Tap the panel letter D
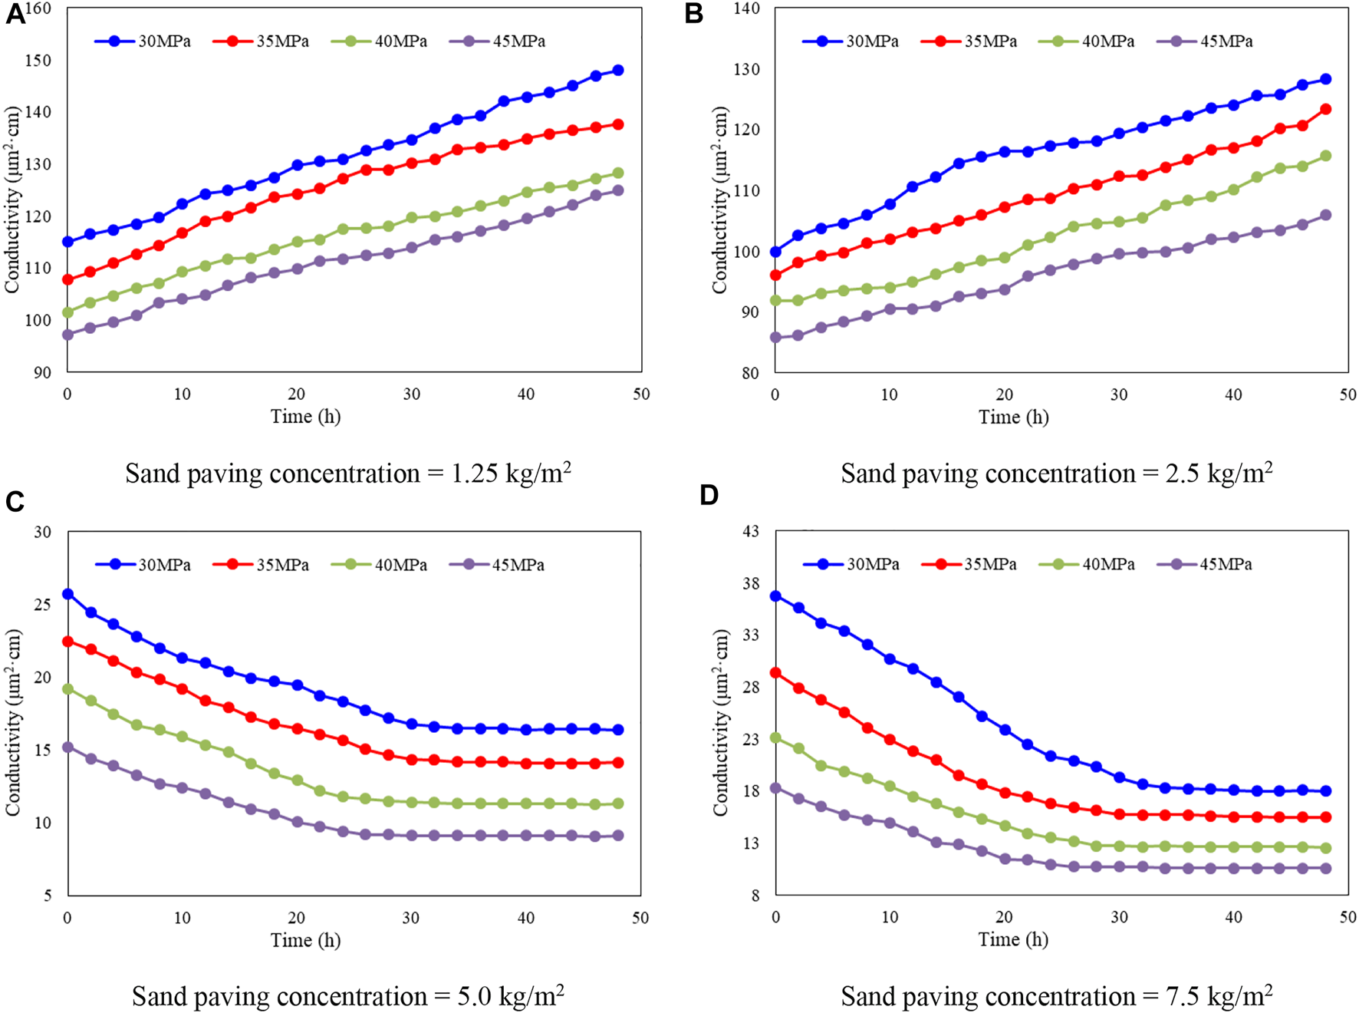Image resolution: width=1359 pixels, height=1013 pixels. click(709, 495)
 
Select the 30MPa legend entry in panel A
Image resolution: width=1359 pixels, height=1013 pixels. click(144, 41)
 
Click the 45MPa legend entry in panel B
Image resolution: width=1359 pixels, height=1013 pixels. click(1206, 41)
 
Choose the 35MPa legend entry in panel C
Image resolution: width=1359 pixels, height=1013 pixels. click(262, 565)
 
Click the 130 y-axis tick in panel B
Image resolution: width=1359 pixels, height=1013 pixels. click(746, 69)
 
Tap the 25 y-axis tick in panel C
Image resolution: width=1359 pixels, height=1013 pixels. click(43, 605)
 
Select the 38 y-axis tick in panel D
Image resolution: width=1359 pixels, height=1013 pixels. click(751, 583)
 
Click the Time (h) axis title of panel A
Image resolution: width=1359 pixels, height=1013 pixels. click(305, 417)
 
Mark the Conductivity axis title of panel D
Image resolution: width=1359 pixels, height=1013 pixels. click(720, 721)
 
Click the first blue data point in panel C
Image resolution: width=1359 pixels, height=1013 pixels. click(67, 594)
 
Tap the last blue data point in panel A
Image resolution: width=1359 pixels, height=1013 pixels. click(618, 71)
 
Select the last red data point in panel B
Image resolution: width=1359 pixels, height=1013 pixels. click(1325, 110)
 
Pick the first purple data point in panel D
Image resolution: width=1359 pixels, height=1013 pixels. click(775, 788)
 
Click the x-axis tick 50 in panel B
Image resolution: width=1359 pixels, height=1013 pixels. click(1347, 394)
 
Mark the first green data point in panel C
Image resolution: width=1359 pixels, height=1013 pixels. click(67, 689)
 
